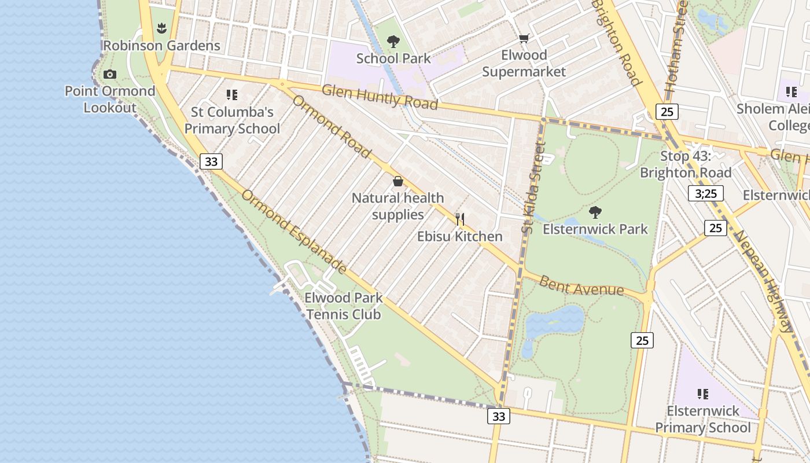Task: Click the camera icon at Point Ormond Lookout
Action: pos(109,74)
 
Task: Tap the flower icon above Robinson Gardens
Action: pos(161,28)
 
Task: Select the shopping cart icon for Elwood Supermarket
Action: pos(524,39)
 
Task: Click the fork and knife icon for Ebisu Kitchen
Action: pos(460,219)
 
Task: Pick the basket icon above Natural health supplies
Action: pos(398,181)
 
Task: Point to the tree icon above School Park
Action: pos(393,41)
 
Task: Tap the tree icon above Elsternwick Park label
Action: pos(595,212)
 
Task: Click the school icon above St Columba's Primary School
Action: pos(232,94)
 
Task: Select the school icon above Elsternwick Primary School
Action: pos(703,394)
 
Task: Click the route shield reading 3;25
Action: pos(706,193)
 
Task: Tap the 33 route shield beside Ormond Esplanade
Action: pos(211,161)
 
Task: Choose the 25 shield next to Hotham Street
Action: pos(667,112)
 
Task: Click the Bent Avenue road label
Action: pos(581,286)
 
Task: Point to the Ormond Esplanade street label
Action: pos(294,231)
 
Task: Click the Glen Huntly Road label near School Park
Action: pos(380,97)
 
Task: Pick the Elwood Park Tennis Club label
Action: pos(344,306)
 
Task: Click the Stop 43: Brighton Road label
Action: pos(686,164)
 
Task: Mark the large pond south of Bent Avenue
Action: pos(555,321)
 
